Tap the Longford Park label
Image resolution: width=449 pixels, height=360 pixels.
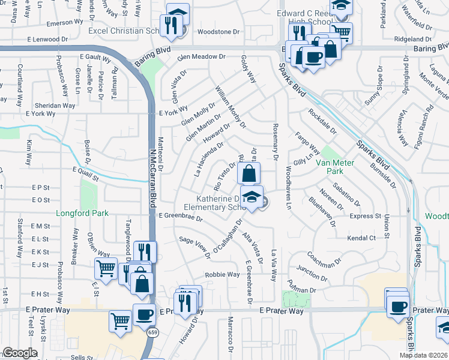point(82,213)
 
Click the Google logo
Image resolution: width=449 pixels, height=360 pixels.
point(20,353)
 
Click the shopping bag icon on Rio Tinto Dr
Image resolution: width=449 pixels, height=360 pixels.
point(249,175)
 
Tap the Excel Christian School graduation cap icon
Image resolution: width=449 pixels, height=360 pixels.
point(178,14)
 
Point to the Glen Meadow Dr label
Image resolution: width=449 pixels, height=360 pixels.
point(201,56)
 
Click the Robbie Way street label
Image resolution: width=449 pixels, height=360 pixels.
point(222,275)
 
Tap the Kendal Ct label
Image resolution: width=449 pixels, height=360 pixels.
point(361,238)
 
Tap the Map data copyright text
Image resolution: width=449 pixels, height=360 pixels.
point(424,355)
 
